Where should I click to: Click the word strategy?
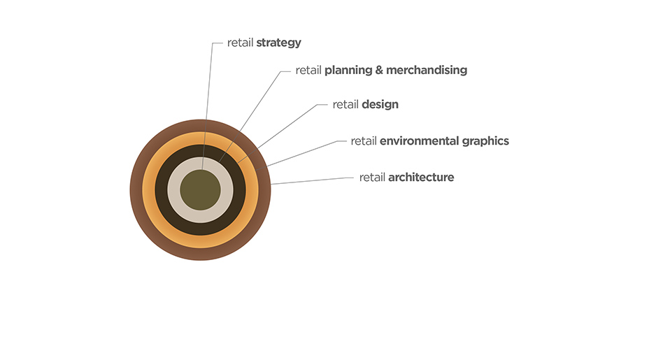278,43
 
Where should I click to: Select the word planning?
348,71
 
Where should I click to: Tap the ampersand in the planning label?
379,70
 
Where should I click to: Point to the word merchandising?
427,71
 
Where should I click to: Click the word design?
380,105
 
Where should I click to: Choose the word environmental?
419,141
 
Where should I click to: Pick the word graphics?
485,142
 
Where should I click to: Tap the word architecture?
421,178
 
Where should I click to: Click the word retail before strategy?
240,43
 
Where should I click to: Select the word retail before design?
345,104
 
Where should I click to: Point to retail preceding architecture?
372,178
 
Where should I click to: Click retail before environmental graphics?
364,141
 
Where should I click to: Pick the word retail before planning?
308,70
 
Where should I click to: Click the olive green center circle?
201,190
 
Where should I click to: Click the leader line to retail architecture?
312,180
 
